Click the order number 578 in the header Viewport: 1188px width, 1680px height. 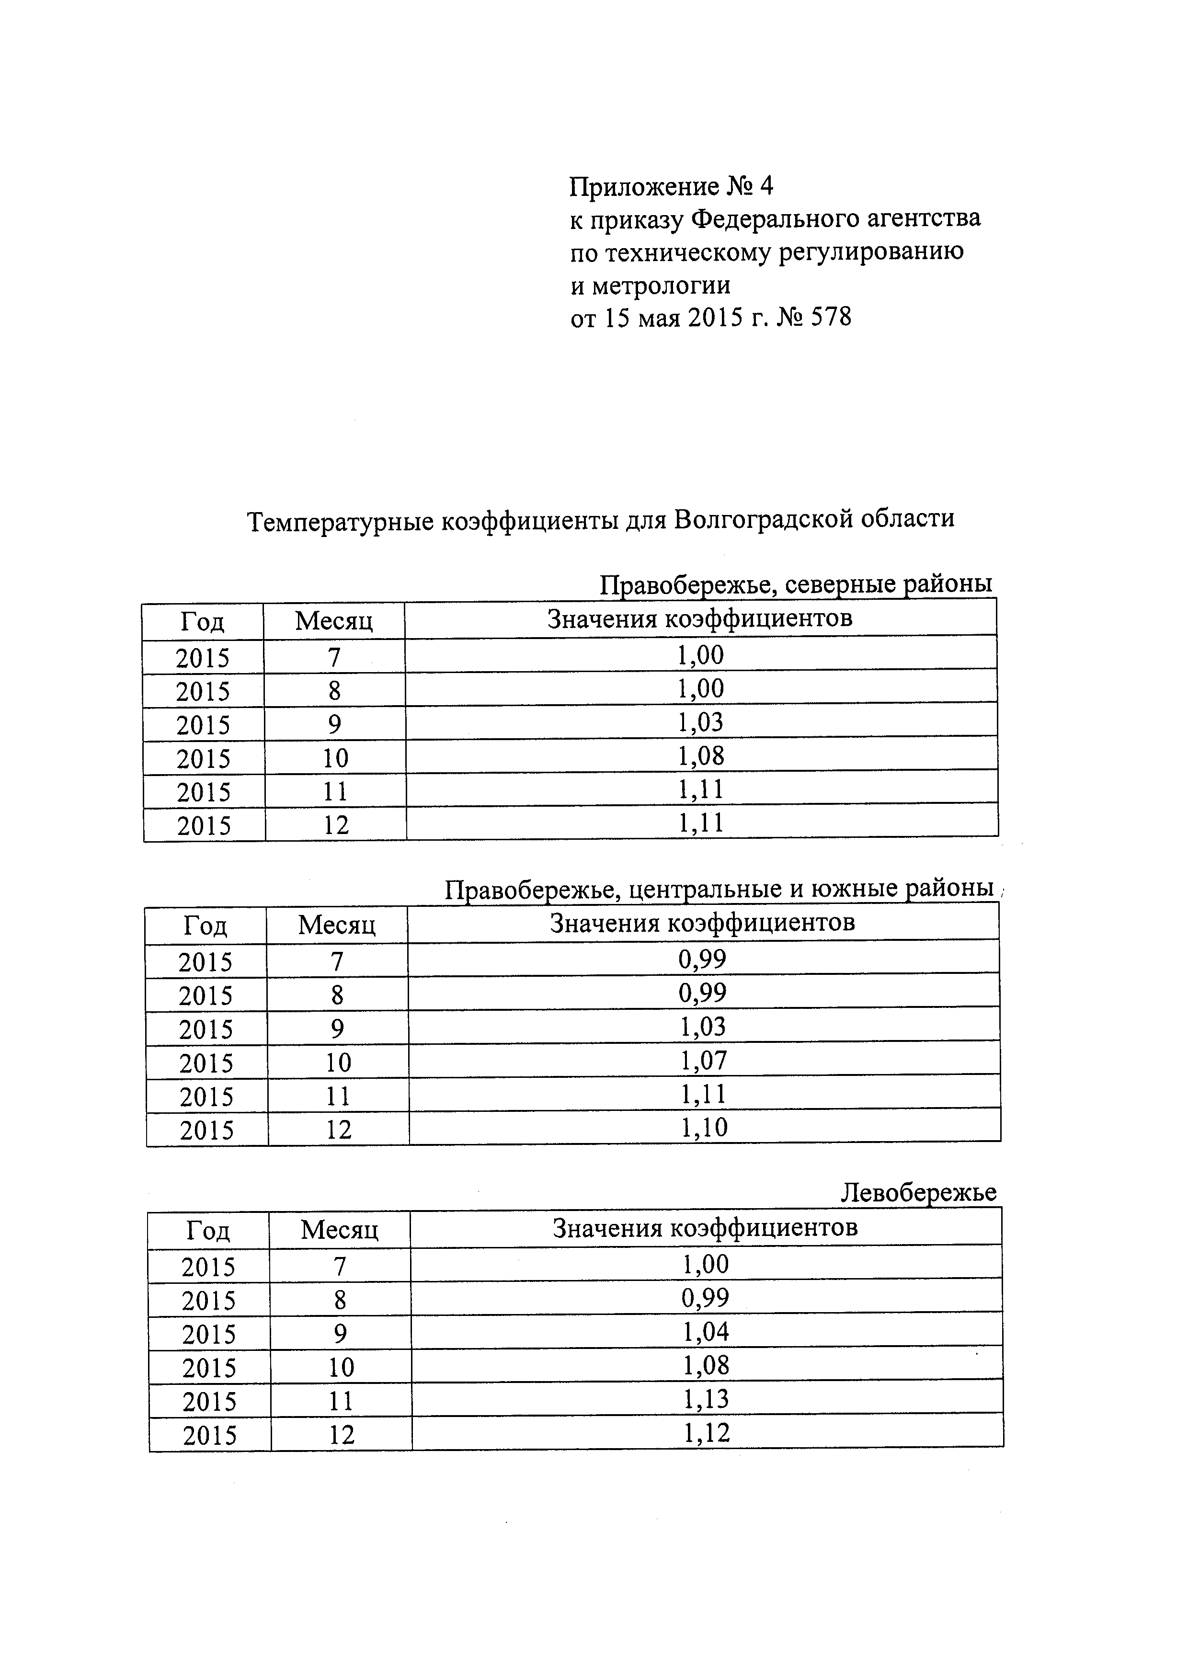pos(832,318)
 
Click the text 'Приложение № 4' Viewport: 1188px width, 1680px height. pos(671,187)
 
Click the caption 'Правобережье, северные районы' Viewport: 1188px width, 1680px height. pos(796,584)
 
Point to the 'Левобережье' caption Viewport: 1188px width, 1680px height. pos(918,1193)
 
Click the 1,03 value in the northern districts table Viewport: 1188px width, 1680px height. pos(701,723)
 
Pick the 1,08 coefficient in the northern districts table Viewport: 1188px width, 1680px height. pos(701,756)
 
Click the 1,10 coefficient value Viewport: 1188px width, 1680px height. pos(704,1128)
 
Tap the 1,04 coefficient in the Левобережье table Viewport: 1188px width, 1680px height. pos(706,1332)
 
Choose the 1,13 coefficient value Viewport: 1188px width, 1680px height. pos(706,1400)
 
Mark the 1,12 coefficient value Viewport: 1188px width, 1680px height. pos(707,1433)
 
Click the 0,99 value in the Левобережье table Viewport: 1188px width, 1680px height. pos(705,1299)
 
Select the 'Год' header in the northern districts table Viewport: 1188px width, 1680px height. pos(202,622)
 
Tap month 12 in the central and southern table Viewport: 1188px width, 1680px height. pos(339,1130)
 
